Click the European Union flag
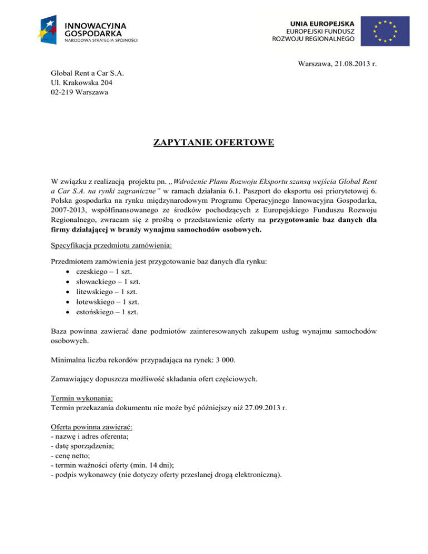[x=384, y=31]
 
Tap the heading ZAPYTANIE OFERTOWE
[x=213, y=144]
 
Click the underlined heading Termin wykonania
[x=81, y=399]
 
